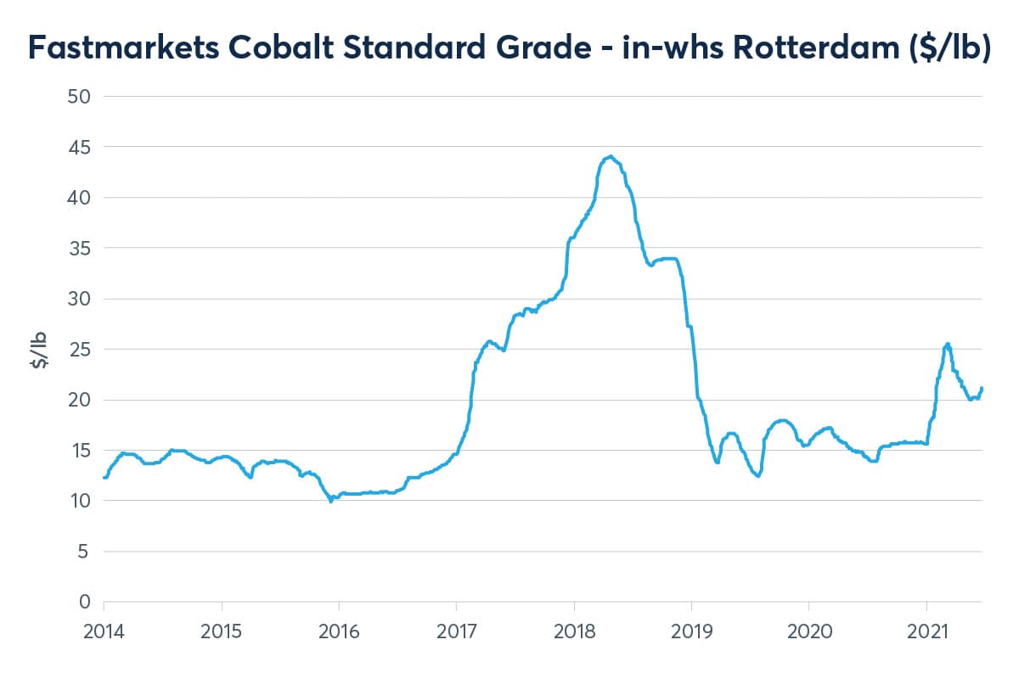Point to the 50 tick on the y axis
coord(78,96)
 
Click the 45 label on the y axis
coord(78,147)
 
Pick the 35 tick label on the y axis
coord(78,248)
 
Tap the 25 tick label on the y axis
coord(78,349)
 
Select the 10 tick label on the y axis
coord(78,501)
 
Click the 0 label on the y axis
coord(83,602)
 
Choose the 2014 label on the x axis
coord(104,631)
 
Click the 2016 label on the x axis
coord(339,631)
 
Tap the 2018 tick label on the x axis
coord(574,631)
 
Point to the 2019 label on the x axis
coord(691,631)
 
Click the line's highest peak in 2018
coord(611,156)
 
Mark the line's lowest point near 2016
coord(331,501)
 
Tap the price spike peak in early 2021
coord(948,344)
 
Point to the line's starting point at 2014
coord(104,477)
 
